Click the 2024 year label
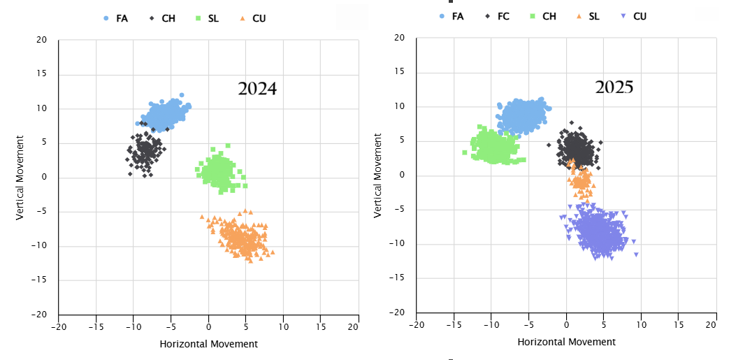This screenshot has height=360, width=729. click(x=257, y=89)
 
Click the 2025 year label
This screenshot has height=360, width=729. click(x=614, y=87)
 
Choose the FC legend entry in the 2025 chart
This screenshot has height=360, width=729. click(x=497, y=15)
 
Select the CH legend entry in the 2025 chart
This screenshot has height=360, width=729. click(x=542, y=15)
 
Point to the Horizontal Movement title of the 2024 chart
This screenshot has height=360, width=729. click(x=208, y=344)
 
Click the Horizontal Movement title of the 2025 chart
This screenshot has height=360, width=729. click(x=566, y=342)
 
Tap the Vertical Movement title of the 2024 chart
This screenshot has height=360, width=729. click(x=21, y=178)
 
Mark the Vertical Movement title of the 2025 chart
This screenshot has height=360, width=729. click(x=379, y=175)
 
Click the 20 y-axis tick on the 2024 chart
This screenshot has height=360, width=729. click(x=42, y=41)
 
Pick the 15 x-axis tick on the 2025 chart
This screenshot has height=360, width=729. click(x=679, y=325)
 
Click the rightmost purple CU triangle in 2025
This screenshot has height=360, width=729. click(x=636, y=254)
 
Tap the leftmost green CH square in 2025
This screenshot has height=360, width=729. click(x=465, y=152)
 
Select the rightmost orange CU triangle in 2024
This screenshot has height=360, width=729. click(x=272, y=252)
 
